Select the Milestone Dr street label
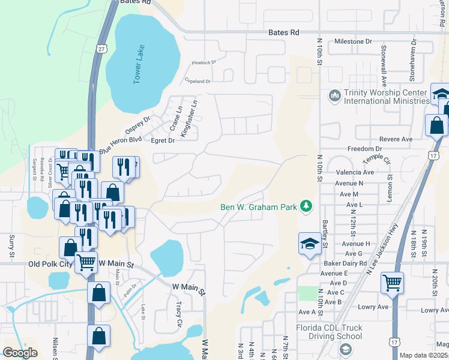(354, 41)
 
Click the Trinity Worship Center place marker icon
(334, 95)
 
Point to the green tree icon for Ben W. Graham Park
(307, 206)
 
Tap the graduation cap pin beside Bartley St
(310, 244)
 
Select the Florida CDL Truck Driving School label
(329, 332)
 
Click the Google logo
(20, 352)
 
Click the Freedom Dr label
(364, 148)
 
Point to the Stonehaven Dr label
(412, 61)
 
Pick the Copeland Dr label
(199, 80)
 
